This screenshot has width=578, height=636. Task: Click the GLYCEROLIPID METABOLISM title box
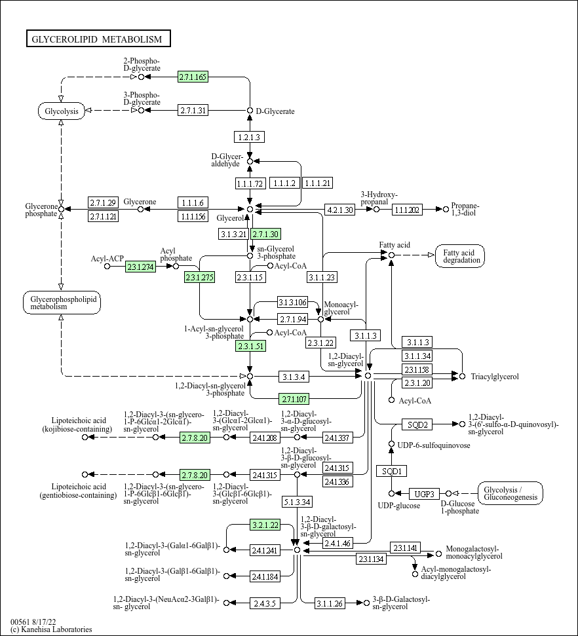click(98, 39)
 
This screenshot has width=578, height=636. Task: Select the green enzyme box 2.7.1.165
click(193, 77)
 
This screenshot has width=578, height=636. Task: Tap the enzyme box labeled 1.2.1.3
click(249, 137)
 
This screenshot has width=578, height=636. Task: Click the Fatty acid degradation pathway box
click(460, 256)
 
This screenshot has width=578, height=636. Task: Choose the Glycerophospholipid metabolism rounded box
click(62, 302)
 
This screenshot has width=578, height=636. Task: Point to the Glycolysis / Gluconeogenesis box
click(511, 493)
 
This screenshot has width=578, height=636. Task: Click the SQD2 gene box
click(417, 424)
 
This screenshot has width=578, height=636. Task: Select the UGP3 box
click(424, 494)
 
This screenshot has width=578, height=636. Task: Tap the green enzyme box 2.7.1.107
click(294, 399)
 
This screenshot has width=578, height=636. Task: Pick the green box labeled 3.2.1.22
click(265, 525)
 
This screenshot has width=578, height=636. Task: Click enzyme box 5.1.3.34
click(297, 502)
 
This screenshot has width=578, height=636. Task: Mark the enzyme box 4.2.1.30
click(339, 210)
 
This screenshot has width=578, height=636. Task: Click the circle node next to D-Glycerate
click(250, 111)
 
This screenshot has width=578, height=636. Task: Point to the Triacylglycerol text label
click(495, 377)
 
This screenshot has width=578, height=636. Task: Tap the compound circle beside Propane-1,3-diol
click(446, 210)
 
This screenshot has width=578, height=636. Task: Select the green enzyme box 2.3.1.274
click(140, 267)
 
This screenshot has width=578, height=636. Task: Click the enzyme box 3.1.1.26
click(330, 603)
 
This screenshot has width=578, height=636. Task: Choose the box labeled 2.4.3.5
click(265, 603)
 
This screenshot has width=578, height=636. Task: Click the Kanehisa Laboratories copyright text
click(51, 629)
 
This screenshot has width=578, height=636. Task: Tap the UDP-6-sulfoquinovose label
click(434, 445)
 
